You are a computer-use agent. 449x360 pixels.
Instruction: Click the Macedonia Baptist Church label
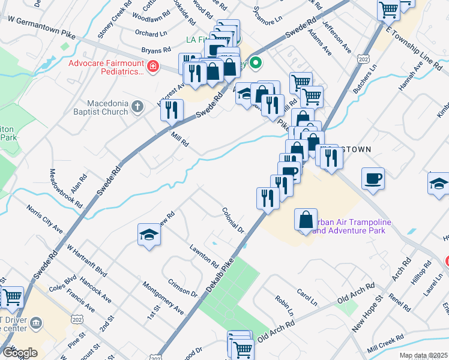pyautogui.click(x=100, y=107)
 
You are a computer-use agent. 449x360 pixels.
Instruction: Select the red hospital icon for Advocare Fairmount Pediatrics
pyautogui.click(x=154, y=67)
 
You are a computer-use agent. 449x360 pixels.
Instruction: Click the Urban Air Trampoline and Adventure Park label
pyautogui.click(x=352, y=226)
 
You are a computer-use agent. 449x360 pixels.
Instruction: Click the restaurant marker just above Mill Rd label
pyautogui.click(x=172, y=109)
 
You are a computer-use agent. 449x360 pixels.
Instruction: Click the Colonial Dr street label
pyautogui.click(x=234, y=220)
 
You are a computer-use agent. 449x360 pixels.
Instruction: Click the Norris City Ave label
pyautogui.click(x=44, y=220)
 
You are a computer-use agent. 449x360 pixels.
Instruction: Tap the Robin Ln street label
pyautogui.click(x=284, y=305)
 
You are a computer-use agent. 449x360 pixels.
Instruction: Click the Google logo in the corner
pyautogui.click(x=20, y=353)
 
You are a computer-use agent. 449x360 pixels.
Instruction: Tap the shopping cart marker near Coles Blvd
pyautogui.click(x=12, y=296)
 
